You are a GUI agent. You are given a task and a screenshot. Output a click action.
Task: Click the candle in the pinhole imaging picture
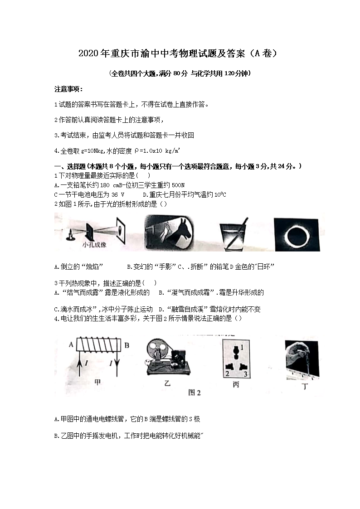click(70, 235)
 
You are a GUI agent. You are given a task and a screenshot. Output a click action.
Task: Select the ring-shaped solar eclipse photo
click(297, 235)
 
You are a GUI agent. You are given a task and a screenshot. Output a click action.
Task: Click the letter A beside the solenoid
click(71, 344)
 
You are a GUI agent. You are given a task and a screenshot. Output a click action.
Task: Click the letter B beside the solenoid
click(127, 345)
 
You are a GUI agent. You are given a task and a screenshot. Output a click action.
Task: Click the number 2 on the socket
click(227, 373)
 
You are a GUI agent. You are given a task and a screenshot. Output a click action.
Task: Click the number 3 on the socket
click(245, 374)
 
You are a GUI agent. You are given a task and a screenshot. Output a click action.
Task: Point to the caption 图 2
click(195, 393)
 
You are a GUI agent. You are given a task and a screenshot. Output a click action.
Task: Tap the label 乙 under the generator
click(167, 383)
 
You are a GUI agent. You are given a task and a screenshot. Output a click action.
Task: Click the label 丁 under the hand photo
click(305, 386)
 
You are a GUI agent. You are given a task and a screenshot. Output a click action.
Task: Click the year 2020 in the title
click(88, 53)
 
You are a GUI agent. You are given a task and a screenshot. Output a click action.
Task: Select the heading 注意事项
click(68, 89)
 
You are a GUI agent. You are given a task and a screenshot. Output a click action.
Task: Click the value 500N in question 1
click(178, 185)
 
